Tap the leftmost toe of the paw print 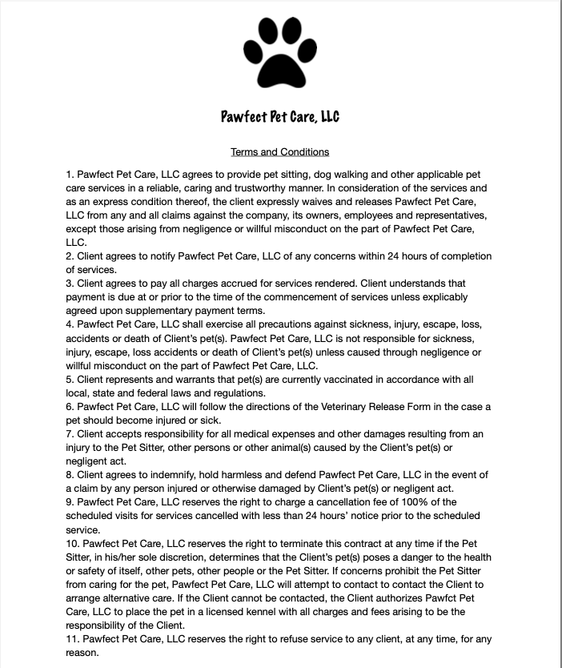251,50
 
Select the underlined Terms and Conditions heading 279,152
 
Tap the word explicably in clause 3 444,297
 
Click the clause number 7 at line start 70,434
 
